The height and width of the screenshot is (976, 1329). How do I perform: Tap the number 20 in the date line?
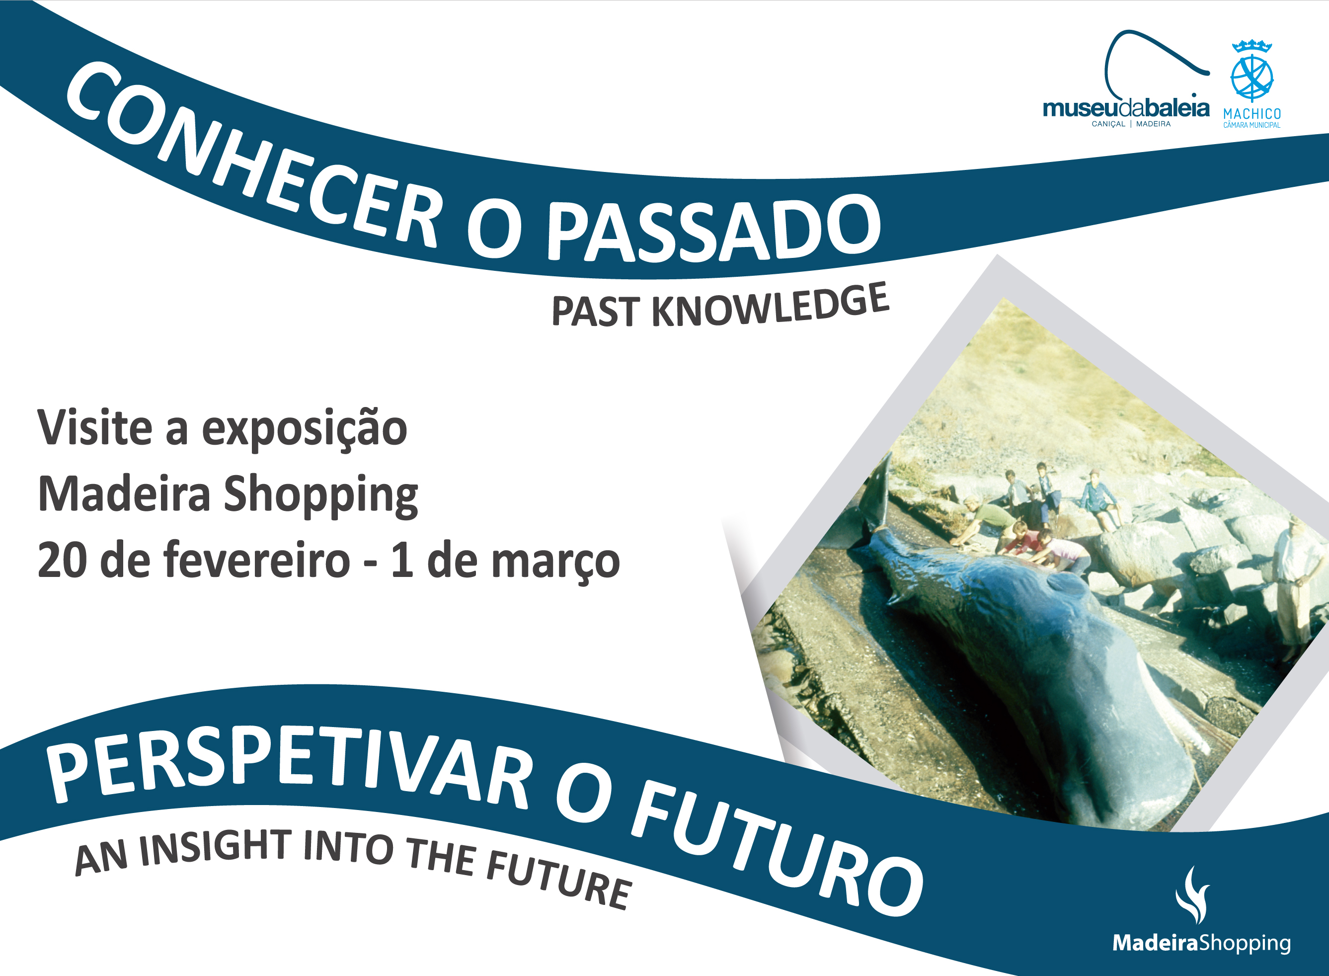point(63,560)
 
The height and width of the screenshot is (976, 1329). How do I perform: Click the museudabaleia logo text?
point(1126,109)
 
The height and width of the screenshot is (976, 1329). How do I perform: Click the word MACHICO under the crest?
point(1251,113)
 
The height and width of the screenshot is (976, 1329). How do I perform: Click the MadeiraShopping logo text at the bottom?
point(1201,943)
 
